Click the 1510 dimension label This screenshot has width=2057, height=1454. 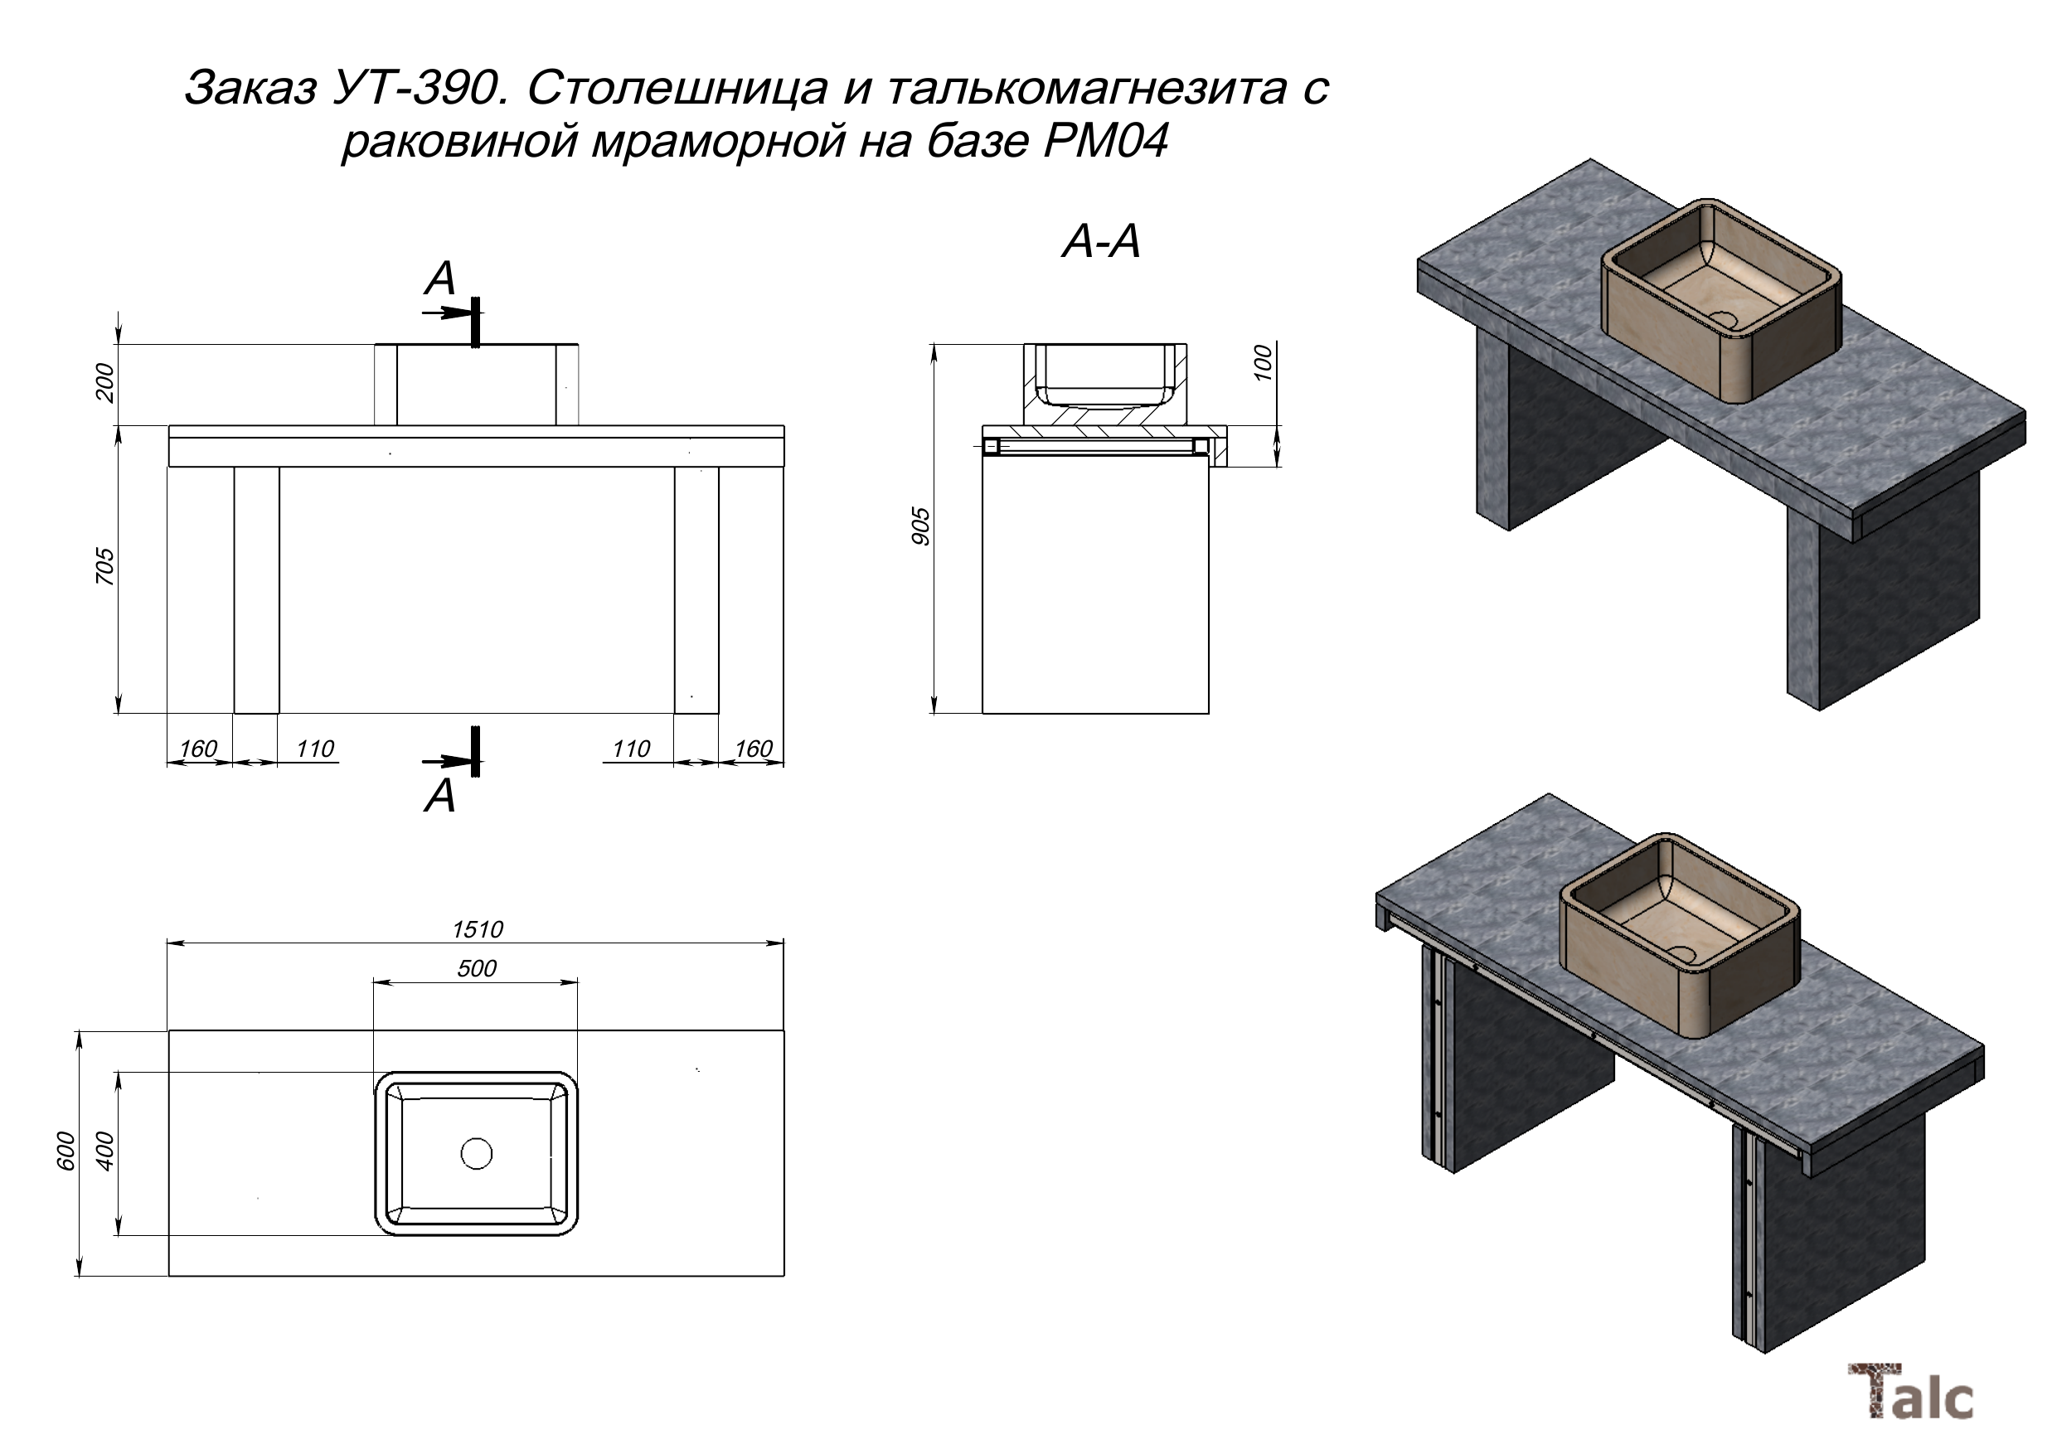(478, 929)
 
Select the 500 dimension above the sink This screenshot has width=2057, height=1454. (477, 968)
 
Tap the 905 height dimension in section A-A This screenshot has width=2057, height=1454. (921, 526)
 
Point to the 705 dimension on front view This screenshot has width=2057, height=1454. (104, 566)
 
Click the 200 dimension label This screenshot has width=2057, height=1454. (104, 382)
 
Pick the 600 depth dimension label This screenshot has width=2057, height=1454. (66, 1151)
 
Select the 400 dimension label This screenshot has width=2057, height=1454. (104, 1151)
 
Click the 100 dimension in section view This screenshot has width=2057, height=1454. (1264, 363)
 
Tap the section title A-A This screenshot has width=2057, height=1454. (1101, 242)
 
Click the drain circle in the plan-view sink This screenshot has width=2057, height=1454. (477, 1153)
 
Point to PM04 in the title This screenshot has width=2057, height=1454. (1107, 141)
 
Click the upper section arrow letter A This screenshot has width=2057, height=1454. (441, 279)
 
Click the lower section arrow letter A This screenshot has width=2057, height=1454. (441, 796)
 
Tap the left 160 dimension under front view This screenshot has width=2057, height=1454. (198, 748)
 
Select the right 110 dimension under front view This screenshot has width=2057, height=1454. (631, 748)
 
